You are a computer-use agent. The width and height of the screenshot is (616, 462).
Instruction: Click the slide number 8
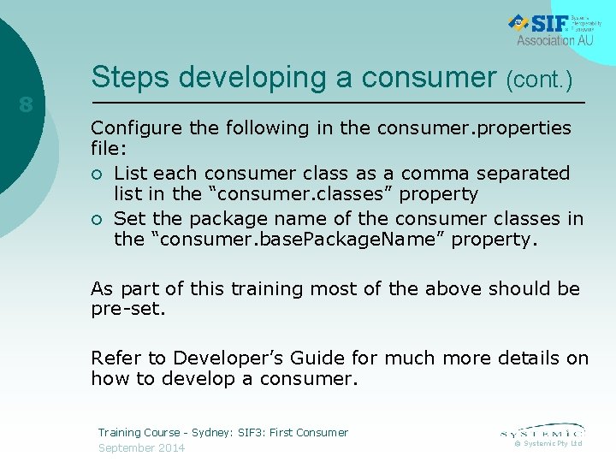coord(27,106)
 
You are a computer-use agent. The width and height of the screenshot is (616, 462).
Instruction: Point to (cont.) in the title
coord(539,80)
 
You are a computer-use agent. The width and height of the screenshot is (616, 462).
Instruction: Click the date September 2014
coord(141,447)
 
